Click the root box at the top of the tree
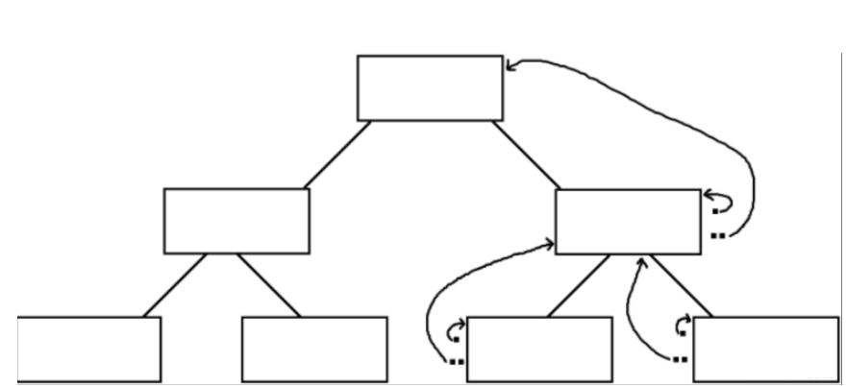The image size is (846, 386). pyautogui.click(x=430, y=87)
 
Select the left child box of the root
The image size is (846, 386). pyautogui.click(x=236, y=221)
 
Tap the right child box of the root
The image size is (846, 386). pyautogui.click(x=628, y=222)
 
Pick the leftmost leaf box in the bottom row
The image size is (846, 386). pyautogui.click(x=88, y=349)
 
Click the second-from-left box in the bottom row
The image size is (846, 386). pyautogui.click(x=314, y=349)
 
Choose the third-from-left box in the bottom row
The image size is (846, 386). pyautogui.click(x=539, y=349)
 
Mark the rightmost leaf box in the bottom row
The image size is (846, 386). pyautogui.click(x=765, y=349)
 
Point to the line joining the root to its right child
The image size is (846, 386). pyautogui.click(x=527, y=155)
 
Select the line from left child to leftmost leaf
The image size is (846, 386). pyautogui.click(x=175, y=285)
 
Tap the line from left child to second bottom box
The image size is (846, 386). pyautogui.click(x=268, y=285)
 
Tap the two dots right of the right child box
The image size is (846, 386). pyautogui.click(x=716, y=234)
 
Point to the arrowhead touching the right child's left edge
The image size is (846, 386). pyautogui.click(x=551, y=245)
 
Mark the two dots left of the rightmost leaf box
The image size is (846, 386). pyautogui.click(x=680, y=360)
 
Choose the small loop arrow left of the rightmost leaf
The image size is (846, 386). pyautogui.click(x=683, y=324)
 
